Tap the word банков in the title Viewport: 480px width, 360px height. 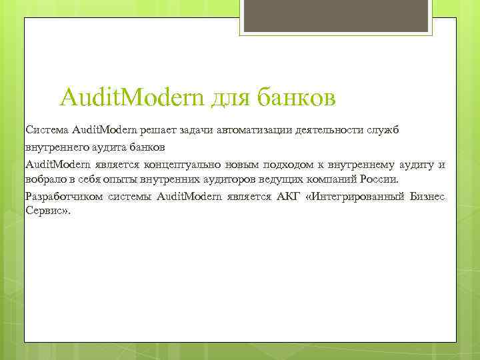coord(297,97)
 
